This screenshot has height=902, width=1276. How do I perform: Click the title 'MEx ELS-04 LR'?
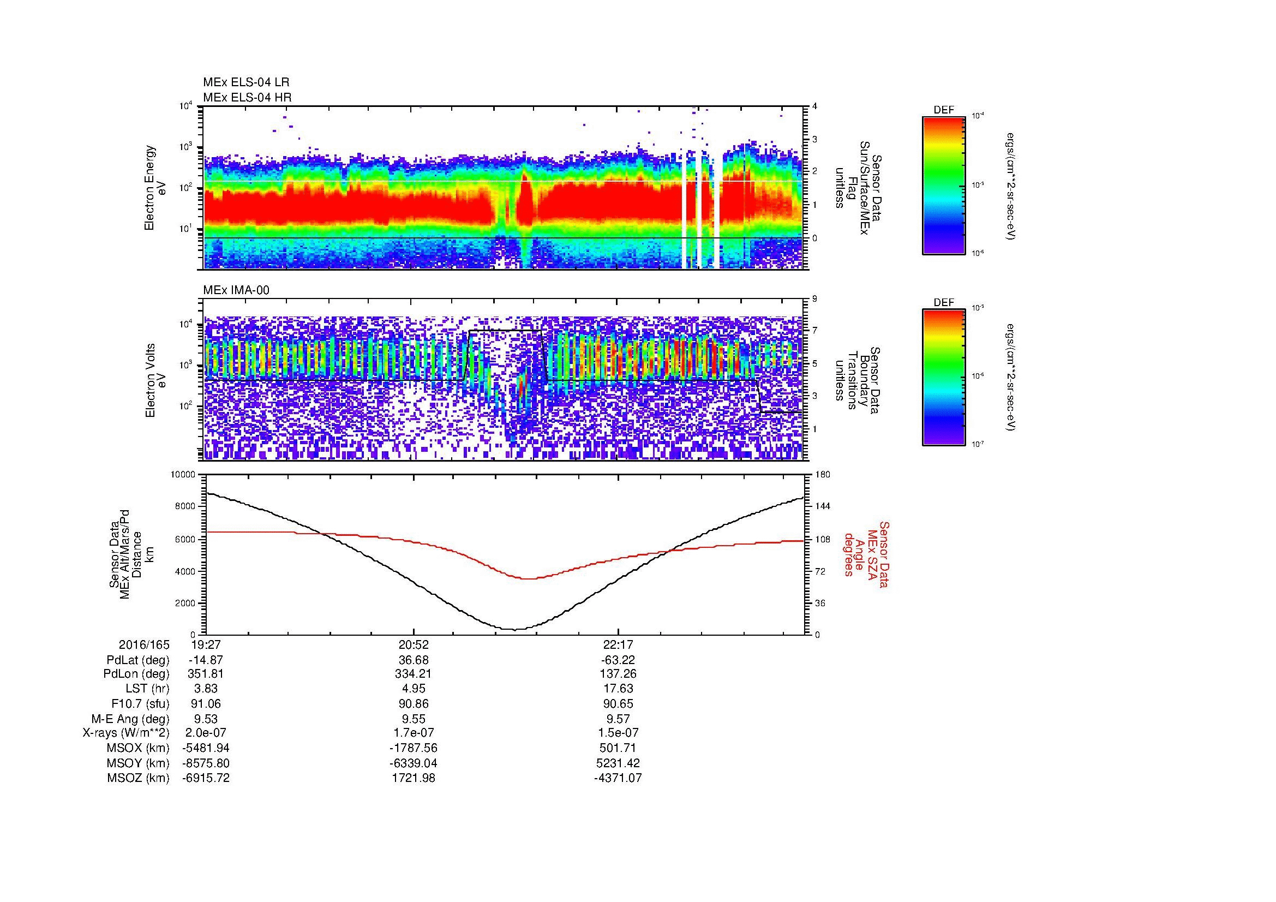pos(245,82)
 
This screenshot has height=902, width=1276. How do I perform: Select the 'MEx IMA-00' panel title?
pos(236,290)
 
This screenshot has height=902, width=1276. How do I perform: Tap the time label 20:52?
pos(413,645)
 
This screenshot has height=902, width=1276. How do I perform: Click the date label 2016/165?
pos(144,645)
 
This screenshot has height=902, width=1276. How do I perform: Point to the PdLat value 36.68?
pos(413,660)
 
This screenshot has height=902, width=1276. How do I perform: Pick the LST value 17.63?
pos(618,689)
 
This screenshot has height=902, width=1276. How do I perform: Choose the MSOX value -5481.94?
pos(206,748)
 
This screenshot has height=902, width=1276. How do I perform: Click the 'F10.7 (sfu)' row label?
pos(140,703)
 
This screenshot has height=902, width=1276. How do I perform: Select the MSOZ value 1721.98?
pos(413,778)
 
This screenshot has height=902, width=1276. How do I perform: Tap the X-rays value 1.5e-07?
pos(618,733)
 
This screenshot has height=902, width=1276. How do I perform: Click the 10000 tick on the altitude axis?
pos(183,475)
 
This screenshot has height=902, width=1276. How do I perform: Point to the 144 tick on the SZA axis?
pos(823,506)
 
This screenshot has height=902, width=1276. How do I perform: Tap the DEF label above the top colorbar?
pos(944,110)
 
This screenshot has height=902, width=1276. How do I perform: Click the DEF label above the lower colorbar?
pos(944,303)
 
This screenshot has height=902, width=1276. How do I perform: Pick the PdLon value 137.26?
pos(618,674)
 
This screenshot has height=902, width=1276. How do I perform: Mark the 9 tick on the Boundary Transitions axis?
pos(814,299)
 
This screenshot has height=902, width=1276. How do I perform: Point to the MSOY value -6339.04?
pos(413,763)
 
